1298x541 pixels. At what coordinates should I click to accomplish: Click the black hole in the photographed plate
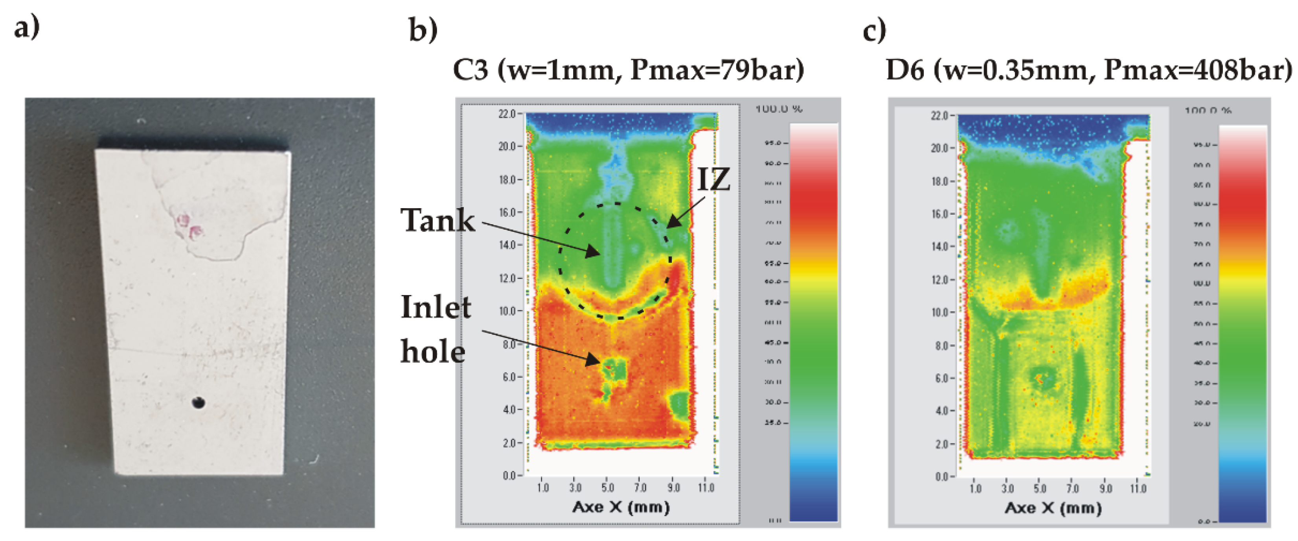point(198,403)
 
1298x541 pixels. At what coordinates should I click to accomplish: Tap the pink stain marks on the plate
point(188,225)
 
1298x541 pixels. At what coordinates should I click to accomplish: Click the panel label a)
point(26,28)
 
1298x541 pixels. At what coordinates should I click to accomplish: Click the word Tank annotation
point(438,221)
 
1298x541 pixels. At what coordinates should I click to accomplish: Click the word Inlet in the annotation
point(436,307)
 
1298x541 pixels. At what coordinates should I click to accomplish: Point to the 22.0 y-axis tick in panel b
point(507,114)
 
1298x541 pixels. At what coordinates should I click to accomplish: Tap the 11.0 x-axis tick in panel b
point(706,487)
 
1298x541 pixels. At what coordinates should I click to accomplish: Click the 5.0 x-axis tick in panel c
point(1039,489)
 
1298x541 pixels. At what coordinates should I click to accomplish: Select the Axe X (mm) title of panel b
point(621,507)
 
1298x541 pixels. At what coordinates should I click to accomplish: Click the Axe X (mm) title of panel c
point(1053,508)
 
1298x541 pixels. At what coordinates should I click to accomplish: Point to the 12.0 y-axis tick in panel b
point(507,278)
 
